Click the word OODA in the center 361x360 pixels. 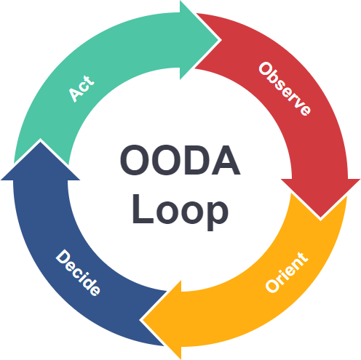pyautogui.click(x=180, y=160)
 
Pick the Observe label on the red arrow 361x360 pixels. pyautogui.click(x=285, y=89)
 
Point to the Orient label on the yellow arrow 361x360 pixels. pyautogui.click(x=286, y=273)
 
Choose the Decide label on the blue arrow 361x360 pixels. pyautogui.click(x=78, y=273)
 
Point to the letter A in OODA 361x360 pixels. pyautogui.click(x=225, y=160)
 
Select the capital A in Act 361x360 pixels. pyautogui.click(x=74, y=95)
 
